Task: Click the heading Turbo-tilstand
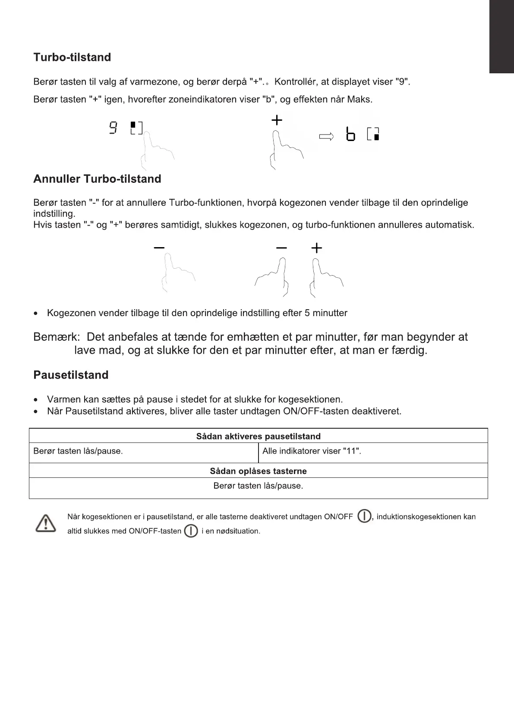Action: (72, 57)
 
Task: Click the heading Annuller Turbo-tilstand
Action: (97, 179)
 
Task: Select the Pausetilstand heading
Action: (71, 375)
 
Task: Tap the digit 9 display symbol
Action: (113, 128)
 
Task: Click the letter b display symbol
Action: (350, 134)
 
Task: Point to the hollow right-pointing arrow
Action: (326, 137)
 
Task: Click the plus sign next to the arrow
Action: (277, 120)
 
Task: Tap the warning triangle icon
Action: (45, 524)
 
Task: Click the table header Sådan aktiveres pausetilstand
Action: (258, 436)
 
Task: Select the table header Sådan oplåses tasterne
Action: (258, 471)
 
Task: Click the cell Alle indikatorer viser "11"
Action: (312, 451)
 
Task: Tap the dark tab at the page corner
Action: (501, 37)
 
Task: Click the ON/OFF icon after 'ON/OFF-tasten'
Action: (191, 531)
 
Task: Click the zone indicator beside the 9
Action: (136, 128)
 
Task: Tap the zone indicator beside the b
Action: (373, 134)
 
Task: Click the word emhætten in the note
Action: (254, 337)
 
